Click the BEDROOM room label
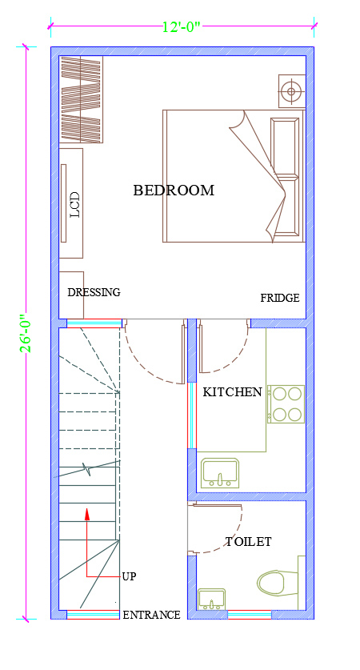pos(174,191)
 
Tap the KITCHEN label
pos(232,392)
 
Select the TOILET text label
pos(248,542)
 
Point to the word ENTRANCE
pos(152,615)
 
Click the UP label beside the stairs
pos(129,576)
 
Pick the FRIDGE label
pos(280,299)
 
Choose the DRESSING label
pos(94,292)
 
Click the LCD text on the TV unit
pos(75,205)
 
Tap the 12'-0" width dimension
pos(182,27)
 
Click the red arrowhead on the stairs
pos(87,514)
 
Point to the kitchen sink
pos(220,473)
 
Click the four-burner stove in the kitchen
pos(286,404)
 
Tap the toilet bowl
pos(278,583)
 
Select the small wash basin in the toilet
pos(212,599)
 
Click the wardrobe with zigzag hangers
pos(81,99)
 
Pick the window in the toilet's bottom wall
pos(250,615)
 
